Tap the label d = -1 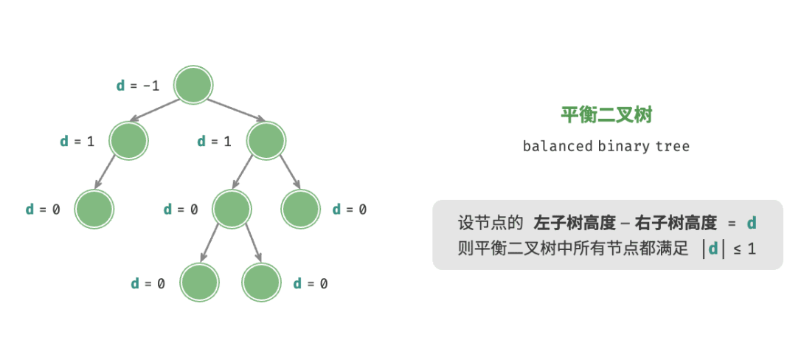point(138,86)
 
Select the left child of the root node point(128,140)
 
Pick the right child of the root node point(266,140)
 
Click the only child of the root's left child point(94,209)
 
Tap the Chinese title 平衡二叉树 point(606,114)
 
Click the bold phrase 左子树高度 point(570,223)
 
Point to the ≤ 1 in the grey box point(744,249)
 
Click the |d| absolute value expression point(713,249)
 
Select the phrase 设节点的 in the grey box point(490,223)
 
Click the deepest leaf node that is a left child point(200,283)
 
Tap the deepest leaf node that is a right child point(262,283)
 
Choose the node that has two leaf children point(232,209)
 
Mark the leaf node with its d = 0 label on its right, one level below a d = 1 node point(301,209)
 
